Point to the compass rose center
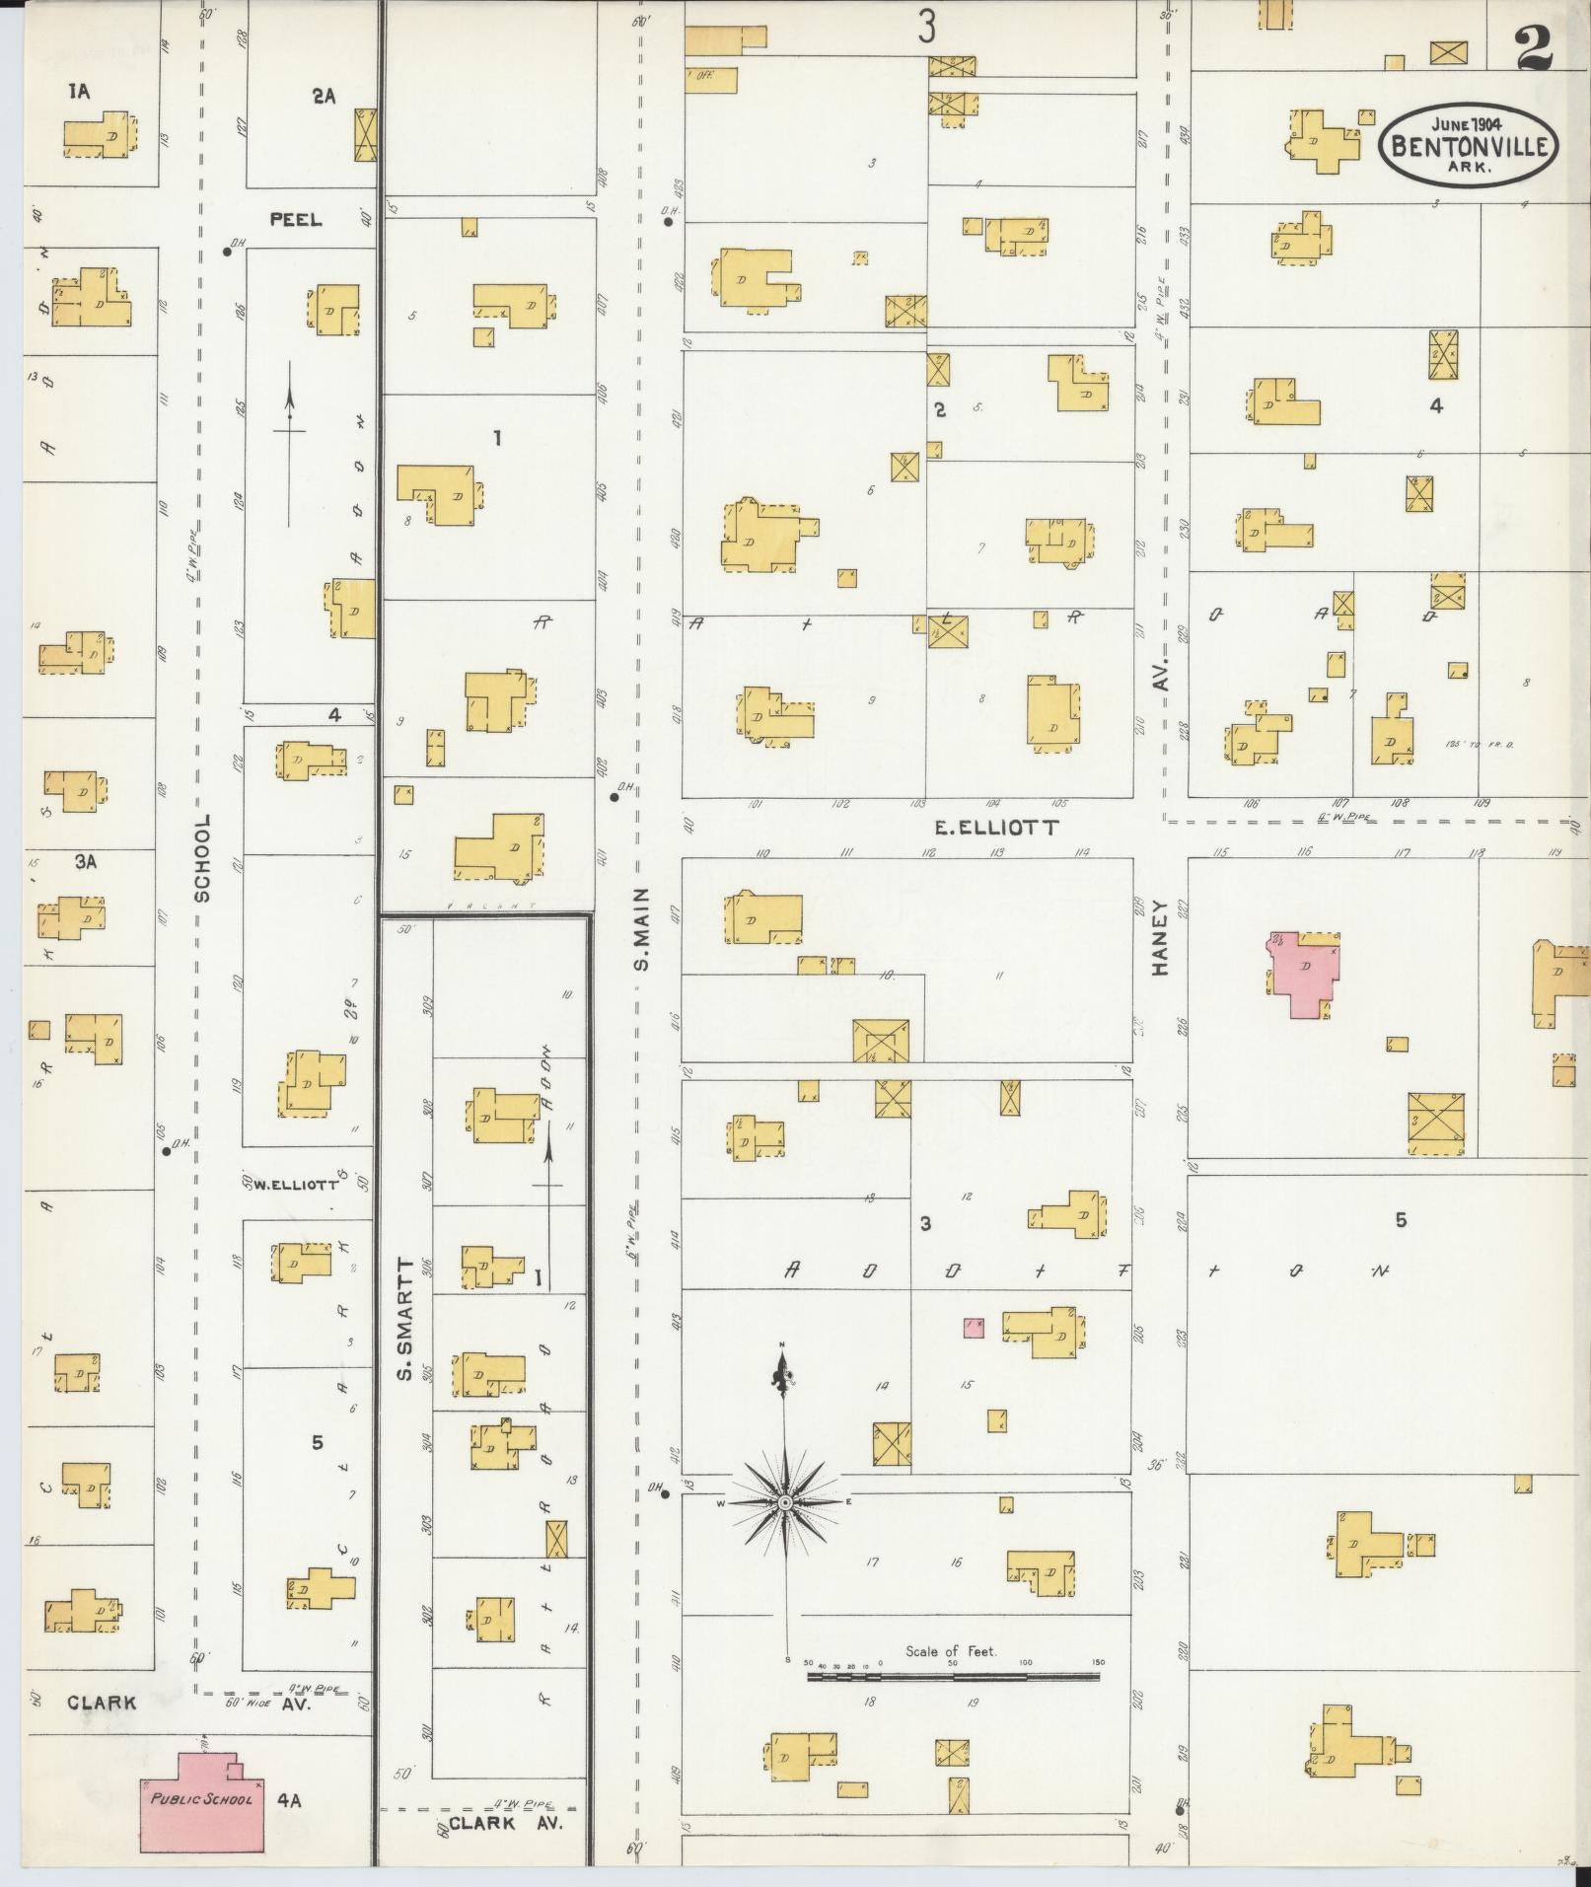785,1530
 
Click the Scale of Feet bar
953,1676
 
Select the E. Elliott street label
996,828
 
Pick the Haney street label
1160,936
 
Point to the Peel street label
296,219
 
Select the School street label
203,857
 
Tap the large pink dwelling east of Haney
1303,972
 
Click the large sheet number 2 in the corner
1535,45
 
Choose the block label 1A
79,92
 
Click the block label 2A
324,96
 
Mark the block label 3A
85,861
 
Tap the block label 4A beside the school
288,1800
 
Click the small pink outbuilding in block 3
974,1327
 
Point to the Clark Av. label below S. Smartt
504,1823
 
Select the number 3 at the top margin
925,28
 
